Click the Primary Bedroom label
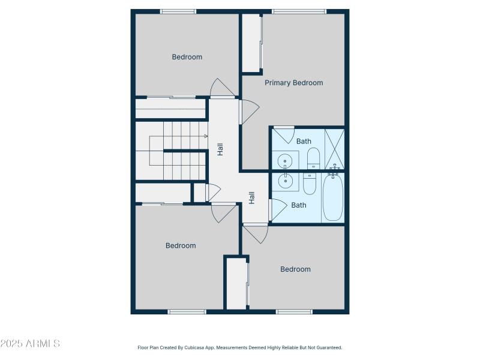point(294,83)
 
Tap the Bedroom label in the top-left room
point(187,57)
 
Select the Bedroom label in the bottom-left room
point(181,245)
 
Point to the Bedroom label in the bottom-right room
point(296,269)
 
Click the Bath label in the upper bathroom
point(304,141)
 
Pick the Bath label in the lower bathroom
point(299,205)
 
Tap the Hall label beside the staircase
point(220,149)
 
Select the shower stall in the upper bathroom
point(334,148)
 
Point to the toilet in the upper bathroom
point(314,160)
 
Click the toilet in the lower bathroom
point(310,183)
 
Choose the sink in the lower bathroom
point(285,181)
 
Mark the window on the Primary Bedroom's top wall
point(299,11)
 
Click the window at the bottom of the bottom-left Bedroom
point(187,311)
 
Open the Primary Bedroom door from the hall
point(248,111)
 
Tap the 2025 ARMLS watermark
point(30,344)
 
